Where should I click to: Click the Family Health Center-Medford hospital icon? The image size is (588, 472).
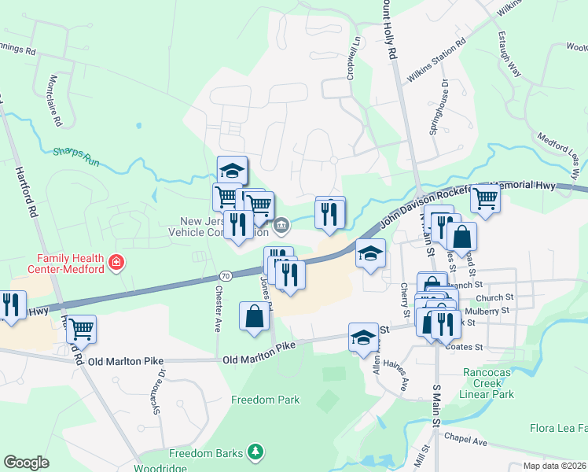(116, 261)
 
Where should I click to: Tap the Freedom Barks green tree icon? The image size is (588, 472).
(254, 452)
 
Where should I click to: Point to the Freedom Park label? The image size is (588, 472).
(265, 400)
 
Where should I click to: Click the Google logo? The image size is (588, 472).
(26, 463)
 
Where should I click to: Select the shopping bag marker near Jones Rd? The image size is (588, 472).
(254, 317)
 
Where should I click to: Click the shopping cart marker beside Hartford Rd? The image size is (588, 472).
(81, 329)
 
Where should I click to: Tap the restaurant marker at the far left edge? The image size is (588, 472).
(11, 304)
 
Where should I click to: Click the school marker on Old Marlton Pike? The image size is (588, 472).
(362, 336)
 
